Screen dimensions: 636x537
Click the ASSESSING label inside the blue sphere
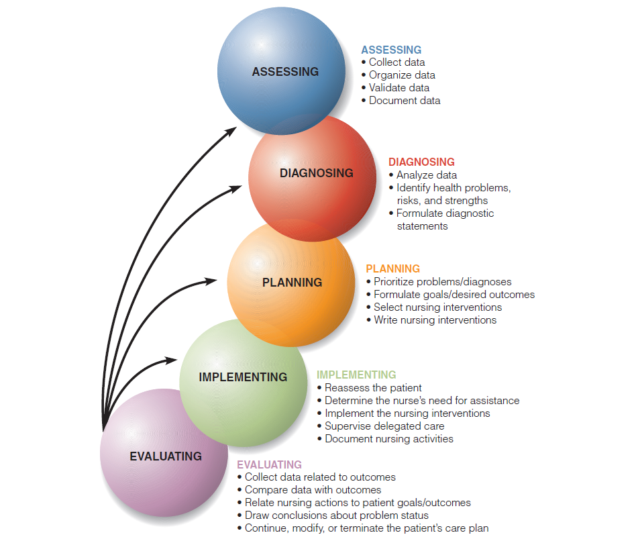coord(285,72)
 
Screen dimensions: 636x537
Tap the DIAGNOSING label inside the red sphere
coord(317,173)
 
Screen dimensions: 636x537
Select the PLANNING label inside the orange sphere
coord(292,283)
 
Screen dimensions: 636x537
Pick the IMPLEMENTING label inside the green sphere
coord(243,377)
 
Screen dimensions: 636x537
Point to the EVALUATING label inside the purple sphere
coord(166,456)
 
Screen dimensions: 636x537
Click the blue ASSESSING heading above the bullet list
coord(391,50)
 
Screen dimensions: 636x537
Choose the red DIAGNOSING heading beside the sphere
coord(421,162)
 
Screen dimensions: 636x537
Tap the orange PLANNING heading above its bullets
coord(392,268)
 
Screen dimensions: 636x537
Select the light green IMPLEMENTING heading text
coord(356,375)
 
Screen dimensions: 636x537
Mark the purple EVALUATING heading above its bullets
coord(269,465)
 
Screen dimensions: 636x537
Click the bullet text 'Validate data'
coord(399,88)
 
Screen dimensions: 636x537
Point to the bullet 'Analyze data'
coord(427,175)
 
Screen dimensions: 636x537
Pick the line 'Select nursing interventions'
coord(437,307)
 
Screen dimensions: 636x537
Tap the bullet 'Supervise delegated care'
coord(384,426)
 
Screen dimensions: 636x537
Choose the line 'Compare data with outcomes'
coord(313,490)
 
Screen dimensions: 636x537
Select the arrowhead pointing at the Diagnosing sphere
coord(235,189)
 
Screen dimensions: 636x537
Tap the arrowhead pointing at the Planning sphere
coord(211,281)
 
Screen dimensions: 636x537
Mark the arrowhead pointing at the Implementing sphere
coord(171,360)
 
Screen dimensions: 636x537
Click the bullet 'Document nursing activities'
coord(389,439)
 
